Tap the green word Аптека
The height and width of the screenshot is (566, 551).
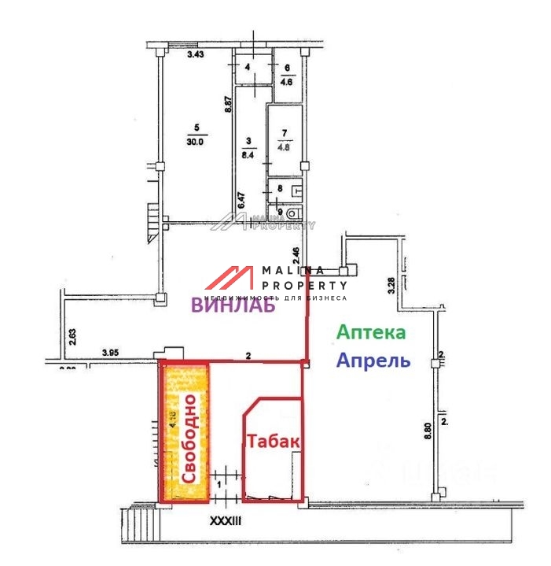(371, 332)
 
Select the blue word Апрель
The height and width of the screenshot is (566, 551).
(373, 361)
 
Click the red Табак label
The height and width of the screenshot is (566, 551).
(273, 442)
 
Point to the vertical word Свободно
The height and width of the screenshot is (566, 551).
(189, 438)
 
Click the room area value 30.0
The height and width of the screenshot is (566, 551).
(195, 142)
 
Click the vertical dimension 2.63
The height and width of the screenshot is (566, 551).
(72, 337)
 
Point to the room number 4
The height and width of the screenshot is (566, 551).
(248, 68)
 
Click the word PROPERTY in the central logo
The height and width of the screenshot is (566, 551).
(304, 285)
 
